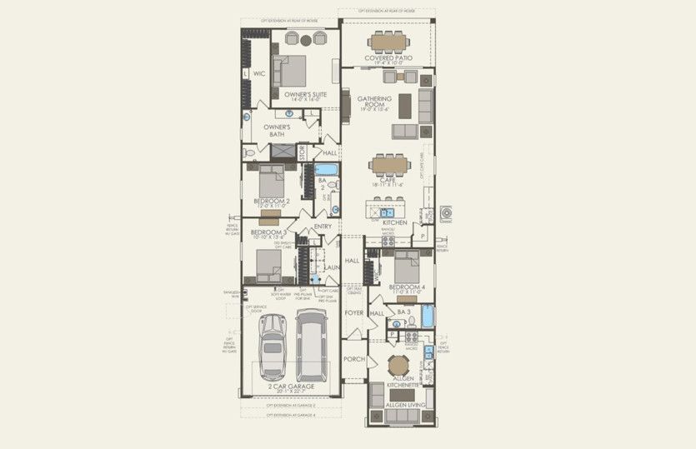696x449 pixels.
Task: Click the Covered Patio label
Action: pos(388,58)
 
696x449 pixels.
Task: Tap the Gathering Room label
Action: pos(374,103)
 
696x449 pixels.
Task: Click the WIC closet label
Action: pos(259,74)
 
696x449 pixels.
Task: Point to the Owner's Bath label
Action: pos(277,131)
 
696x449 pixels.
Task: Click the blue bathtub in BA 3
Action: pos(427,316)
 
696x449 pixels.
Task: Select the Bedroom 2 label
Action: pos(270,201)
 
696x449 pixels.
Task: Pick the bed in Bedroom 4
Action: pos(407,267)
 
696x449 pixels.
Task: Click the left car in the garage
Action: pos(273,345)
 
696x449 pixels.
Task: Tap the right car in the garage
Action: pos(312,343)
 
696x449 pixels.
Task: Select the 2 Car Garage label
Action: pos(291,387)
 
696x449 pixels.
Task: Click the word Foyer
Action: pos(354,312)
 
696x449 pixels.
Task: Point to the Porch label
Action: pos(354,360)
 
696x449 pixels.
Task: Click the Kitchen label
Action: pos(393,223)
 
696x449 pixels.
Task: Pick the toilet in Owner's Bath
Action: pos(248,154)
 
